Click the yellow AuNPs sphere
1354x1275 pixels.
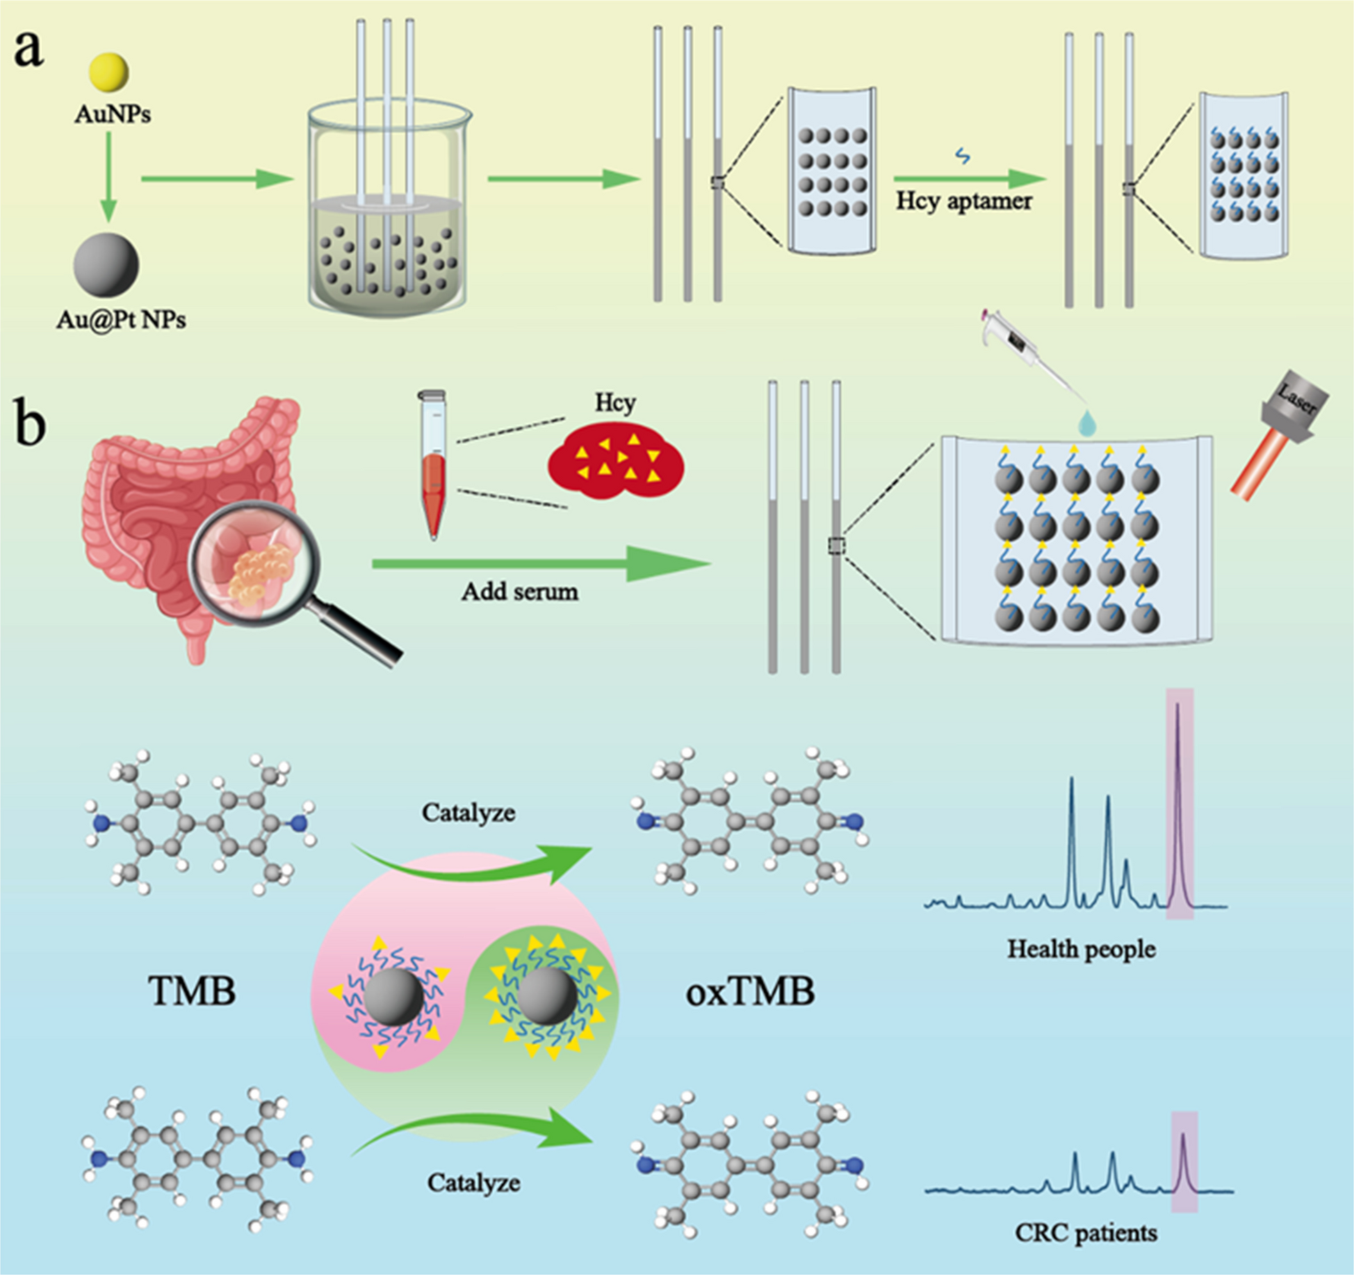(x=108, y=71)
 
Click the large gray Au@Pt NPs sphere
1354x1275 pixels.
(x=106, y=265)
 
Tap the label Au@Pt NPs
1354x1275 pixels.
(x=121, y=320)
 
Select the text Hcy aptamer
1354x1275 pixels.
(x=963, y=201)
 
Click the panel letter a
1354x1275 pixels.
(x=28, y=51)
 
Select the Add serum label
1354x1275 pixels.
(x=520, y=592)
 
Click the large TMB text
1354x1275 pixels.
(x=193, y=991)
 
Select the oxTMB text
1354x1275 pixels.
(x=750, y=991)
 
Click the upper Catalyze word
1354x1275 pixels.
(x=468, y=812)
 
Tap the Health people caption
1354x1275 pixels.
(x=1082, y=949)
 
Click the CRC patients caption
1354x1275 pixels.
(x=1086, y=1233)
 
